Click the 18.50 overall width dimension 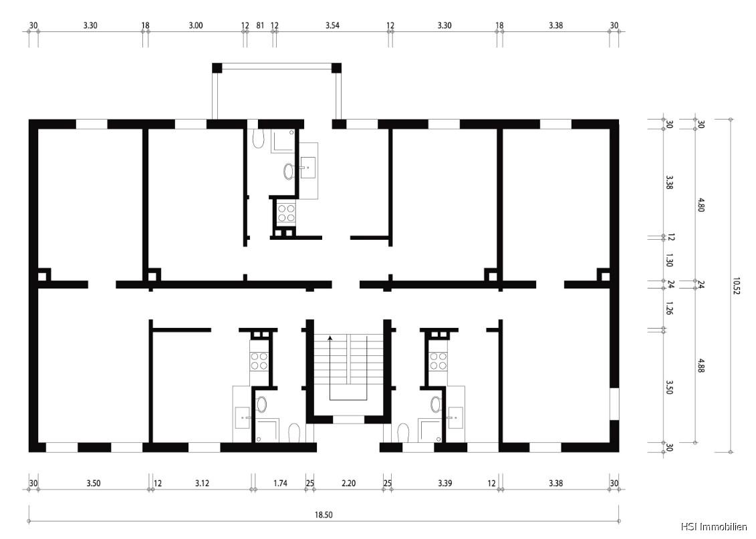tap(324, 515)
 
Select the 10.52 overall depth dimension tap(737, 287)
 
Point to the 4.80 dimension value tap(701, 204)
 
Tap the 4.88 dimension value tap(701, 365)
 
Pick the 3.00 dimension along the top tap(195, 25)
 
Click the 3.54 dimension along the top tap(332, 25)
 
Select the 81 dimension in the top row tap(260, 25)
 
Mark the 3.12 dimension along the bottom tap(203, 483)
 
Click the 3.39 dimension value tap(445, 483)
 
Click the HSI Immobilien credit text tap(714, 527)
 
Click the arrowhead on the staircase tap(330, 339)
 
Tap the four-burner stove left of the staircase tap(259, 361)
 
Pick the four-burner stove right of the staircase tap(438, 361)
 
